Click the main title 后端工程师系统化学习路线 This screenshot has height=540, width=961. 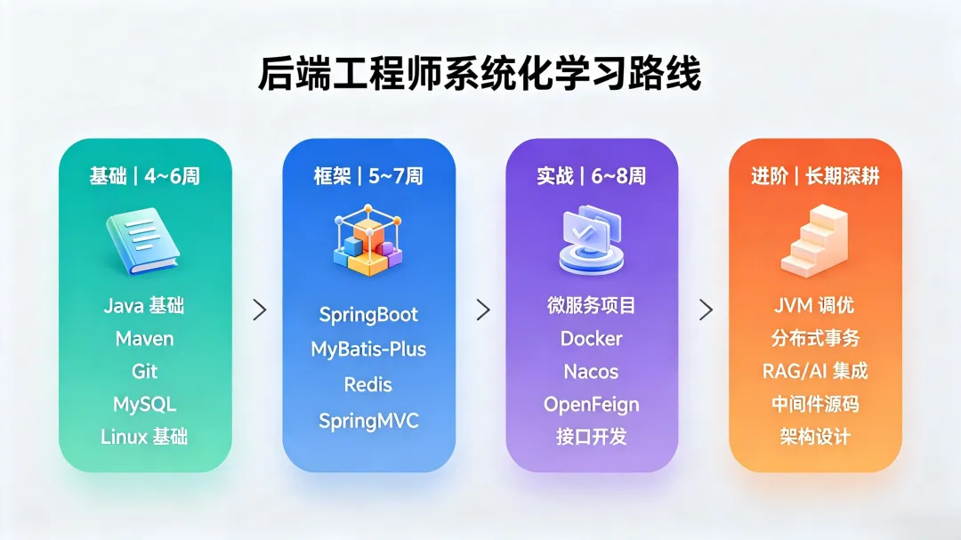tap(480, 74)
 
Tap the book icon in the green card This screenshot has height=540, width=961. tap(143, 241)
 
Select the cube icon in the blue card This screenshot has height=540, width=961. tap(367, 240)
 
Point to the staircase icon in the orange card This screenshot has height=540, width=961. tap(815, 241)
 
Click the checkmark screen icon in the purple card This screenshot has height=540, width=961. tap(592, 240)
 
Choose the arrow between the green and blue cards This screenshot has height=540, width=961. tap(260, 310)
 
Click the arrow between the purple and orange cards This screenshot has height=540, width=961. tap(706, 310)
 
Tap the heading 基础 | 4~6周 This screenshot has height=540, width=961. tap(145, 176)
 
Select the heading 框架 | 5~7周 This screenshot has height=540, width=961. tap(368, 176)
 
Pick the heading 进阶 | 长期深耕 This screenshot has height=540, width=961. tap(815, 176)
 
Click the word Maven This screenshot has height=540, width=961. tap(145, 339)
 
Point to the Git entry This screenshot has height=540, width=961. tap(145, 372)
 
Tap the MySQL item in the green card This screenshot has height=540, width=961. tap(145, 405)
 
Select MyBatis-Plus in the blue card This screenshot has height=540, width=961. tap(368, 350)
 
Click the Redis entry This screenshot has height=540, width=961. tap(367, 385)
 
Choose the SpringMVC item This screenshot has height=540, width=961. tap(368, 422)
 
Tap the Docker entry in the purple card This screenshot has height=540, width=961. tap(592, 339)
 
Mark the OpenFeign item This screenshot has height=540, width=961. tap(592, 405)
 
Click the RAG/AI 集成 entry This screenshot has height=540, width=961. tap(815, 372)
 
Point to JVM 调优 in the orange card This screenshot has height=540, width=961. tap(814, 305)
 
